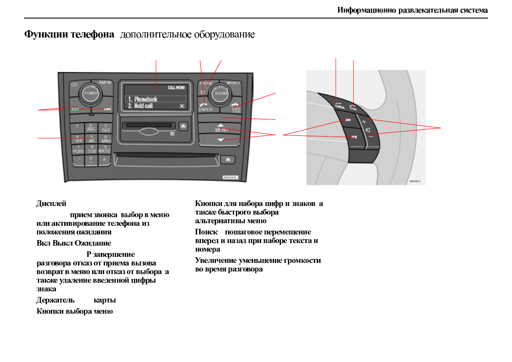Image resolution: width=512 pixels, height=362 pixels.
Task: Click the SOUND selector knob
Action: click(x=221, y=93)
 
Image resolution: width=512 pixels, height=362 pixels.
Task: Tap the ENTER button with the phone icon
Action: click(x=206, y=106)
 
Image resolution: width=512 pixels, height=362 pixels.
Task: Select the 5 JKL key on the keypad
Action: click(x=91, y=138)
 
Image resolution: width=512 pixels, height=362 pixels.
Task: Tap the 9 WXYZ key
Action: click(x=105, y=149)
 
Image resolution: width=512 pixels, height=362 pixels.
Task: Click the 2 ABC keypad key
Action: click(x=91, y=128)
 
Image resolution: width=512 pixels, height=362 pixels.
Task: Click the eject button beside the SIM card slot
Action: click(x=184, y=126)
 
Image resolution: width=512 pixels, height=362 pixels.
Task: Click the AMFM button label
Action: click(x=105, y=82)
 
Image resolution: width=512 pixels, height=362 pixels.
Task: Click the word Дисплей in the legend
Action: click(x=51, y=203)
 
